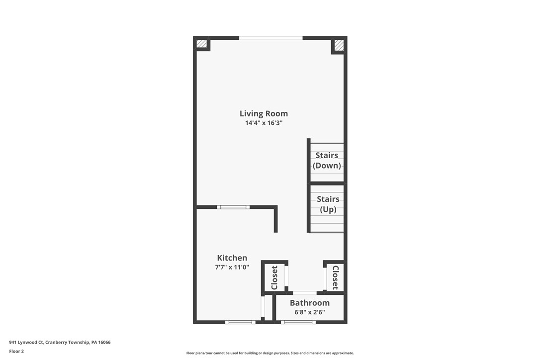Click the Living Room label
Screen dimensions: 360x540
[264, 113]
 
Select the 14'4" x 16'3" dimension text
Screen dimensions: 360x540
[264, 123]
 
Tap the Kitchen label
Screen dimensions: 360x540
[232, 258]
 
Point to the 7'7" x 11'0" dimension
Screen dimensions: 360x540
[232, 267]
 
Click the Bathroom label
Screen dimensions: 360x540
[309, 302]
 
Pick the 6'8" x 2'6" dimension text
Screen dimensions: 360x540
[309, 312]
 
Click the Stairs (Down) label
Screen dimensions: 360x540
[327, 160]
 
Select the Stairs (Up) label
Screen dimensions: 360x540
[328, 204]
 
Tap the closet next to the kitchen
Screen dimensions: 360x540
[274, 277]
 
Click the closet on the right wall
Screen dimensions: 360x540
[335, 277]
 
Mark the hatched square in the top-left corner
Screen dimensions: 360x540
[201, 44]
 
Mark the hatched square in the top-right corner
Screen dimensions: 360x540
[339, 45]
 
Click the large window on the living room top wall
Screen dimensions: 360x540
[270, 38]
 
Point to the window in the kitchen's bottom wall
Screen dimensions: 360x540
[240, 322]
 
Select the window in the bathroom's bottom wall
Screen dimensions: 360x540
[298, 322]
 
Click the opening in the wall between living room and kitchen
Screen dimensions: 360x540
[233, 207]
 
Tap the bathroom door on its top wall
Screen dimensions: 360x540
[304, 293]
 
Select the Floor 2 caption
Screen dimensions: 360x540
[16, 351]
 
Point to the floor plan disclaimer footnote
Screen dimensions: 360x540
[270, 353]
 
